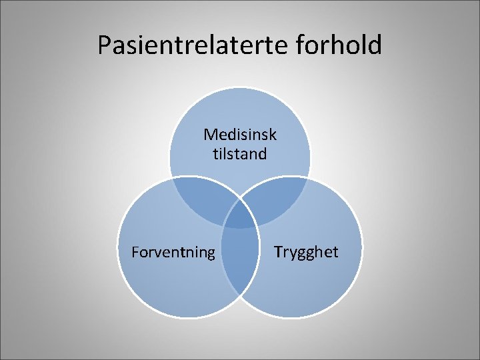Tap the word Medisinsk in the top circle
coord(240,135)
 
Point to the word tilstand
coord(240,154)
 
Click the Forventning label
coord(173,252)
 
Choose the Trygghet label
coord(306,252)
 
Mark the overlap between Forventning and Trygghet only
coord(240,267)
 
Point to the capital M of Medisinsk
coord(209,135)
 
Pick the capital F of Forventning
coord(135,252)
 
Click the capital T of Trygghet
coord(277,252)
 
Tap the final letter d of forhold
coord(375,45)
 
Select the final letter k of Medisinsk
coord(273,135)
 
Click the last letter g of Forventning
coord(211,253)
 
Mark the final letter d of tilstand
coord(263,154)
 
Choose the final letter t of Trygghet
coord(335,252)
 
